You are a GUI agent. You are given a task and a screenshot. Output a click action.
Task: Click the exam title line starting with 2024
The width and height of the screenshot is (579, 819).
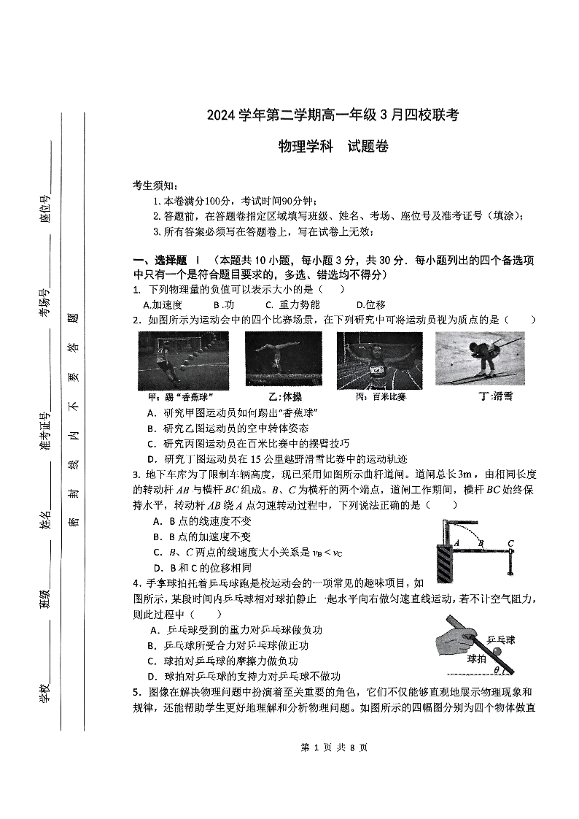tap(333, 115)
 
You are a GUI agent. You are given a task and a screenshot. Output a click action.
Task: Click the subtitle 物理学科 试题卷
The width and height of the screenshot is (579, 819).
tap(333, 147)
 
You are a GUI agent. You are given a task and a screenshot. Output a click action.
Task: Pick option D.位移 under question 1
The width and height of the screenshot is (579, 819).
tap(370, 304)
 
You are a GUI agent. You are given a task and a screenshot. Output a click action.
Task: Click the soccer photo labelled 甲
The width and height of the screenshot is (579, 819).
tap(183, 361)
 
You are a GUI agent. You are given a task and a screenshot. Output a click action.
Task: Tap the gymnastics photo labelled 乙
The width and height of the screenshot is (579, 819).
tap(282, 361)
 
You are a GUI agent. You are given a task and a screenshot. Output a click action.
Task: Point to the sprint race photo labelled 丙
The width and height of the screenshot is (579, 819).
tap(379, 361)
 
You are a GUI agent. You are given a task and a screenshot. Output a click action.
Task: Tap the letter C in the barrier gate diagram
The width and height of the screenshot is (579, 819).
tap(511, 542)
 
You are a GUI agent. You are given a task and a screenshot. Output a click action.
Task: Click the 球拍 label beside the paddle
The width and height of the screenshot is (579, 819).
tap(477, 657)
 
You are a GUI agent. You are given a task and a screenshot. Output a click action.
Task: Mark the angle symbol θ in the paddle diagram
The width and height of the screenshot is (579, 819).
tap(496, 669)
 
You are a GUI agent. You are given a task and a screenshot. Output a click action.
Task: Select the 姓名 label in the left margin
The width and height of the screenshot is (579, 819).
tap(45, 520)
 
